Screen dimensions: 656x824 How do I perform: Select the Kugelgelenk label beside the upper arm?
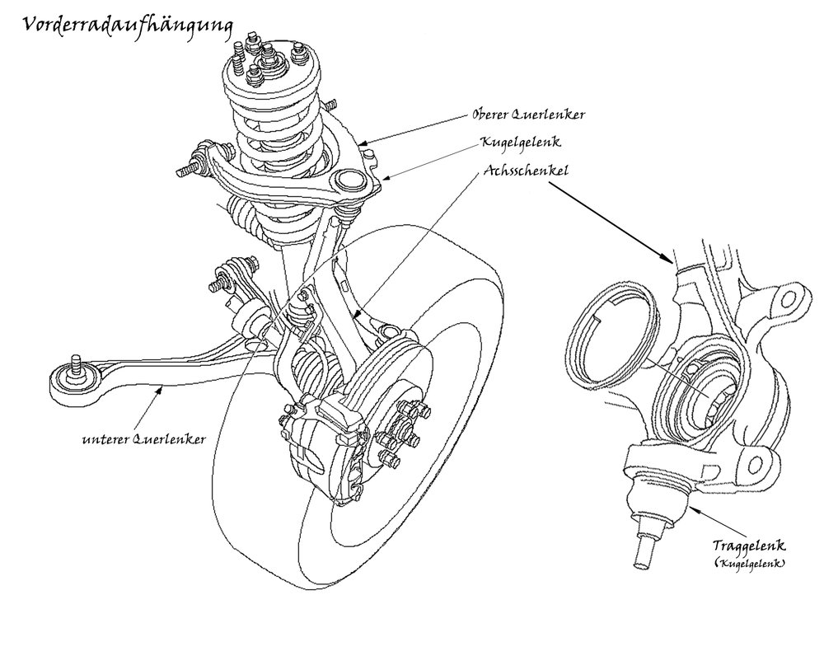click(x=521, y=143)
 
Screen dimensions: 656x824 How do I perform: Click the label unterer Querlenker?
click(x=143, y=439)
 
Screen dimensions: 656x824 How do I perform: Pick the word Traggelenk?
click(x=749, y=546)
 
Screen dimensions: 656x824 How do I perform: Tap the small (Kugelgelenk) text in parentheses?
click(x=749, y=563)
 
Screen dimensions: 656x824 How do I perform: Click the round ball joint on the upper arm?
click(x=350, y=180)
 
